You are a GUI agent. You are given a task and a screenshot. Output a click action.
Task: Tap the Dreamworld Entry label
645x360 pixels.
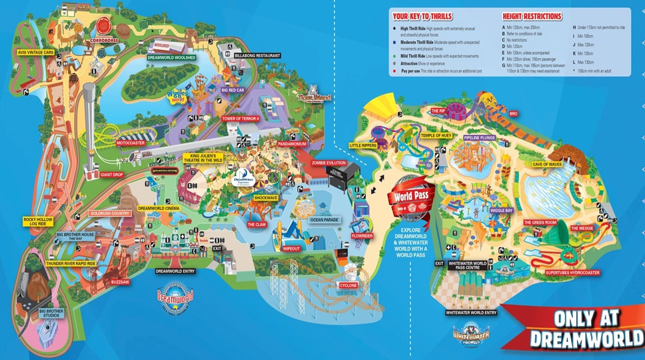(x=175, y=271)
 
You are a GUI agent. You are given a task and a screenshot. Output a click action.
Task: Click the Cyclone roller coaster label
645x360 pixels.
(x=348, y=285)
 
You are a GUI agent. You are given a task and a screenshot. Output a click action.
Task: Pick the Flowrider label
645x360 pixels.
(x=364, y=235)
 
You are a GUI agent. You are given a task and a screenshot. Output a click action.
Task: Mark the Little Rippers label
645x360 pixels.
(x=363, y=145)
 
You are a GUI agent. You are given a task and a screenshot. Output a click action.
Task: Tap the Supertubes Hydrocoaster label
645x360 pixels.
(x=573, y=272)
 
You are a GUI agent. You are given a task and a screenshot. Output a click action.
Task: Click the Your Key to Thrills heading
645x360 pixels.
(x=422, y=16)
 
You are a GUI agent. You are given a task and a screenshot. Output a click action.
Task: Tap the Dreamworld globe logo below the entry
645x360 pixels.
(x=175, y=297)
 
